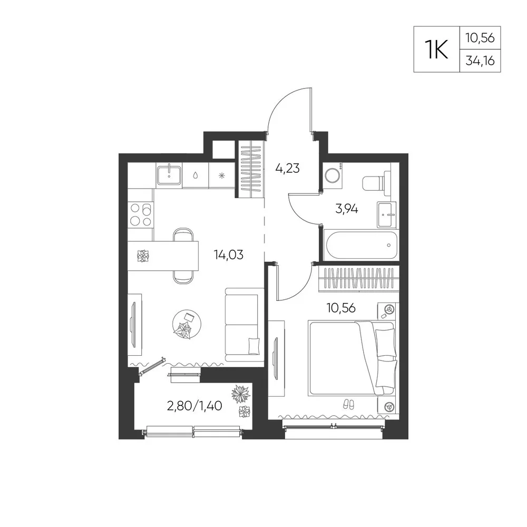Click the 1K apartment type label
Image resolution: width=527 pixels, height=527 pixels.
(436, 50)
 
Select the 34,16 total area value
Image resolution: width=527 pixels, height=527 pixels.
(480, 61)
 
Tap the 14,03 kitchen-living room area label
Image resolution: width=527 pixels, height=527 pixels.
(229, 255)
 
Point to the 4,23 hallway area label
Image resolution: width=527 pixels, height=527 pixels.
(287, 168)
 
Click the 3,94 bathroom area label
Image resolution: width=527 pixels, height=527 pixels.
(347, 209)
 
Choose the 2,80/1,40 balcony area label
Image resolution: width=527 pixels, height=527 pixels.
(194, 406)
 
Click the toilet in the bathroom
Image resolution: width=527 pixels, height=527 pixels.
(377, 183)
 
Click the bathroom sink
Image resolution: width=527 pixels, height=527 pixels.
(386, 214)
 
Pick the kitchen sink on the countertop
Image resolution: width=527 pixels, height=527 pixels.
(169, 175)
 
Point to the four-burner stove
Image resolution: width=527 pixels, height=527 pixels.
(141, 215)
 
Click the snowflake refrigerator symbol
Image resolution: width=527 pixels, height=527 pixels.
(221, 175)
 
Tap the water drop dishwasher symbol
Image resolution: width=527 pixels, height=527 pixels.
(196, 175)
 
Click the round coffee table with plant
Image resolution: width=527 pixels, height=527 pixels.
(187, 324)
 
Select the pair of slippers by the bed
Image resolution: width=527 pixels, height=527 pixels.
(348, 404)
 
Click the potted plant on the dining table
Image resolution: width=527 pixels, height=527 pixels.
(143, 256)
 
